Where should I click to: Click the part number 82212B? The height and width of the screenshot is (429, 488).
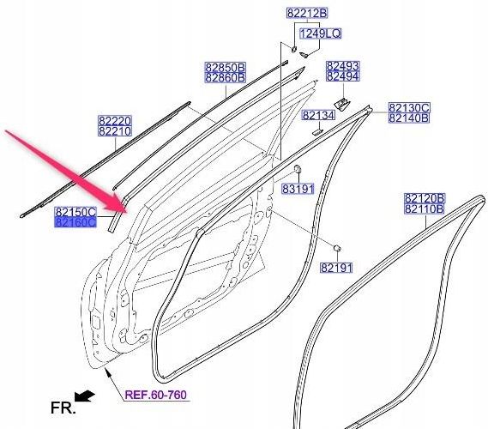tap(307, 14)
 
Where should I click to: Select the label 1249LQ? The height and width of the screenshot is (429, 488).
tap(320, 33)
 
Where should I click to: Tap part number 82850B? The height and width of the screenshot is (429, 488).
tap(226, 67)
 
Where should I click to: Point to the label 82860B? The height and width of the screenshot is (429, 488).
tap(226, 77)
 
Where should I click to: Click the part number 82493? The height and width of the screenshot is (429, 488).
tap(343, 66)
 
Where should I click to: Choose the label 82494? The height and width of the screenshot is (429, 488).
tap(343, 76)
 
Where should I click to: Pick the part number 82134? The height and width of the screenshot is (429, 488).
tap(319, 115)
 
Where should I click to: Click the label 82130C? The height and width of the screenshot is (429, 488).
tap(409, 108)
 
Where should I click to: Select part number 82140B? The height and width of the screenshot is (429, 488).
tap(409, 118)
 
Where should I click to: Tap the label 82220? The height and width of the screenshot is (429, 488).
tap(115, 121)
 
